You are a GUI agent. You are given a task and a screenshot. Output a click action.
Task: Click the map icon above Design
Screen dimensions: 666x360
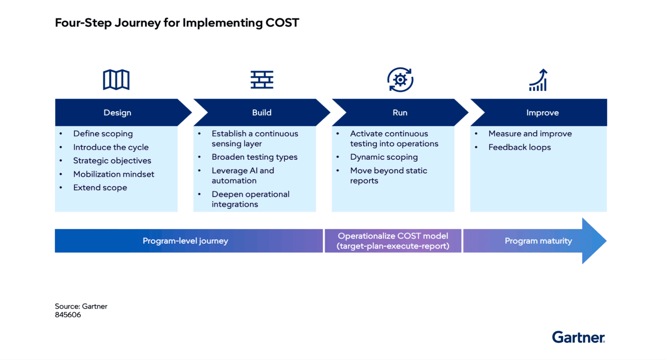[116, 79]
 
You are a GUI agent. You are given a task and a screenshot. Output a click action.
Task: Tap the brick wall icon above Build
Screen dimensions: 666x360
[262, 79]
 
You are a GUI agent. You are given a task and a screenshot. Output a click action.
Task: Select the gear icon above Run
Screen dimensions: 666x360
[400, 80]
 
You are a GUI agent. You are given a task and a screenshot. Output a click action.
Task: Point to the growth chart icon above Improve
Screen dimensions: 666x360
[539, 80]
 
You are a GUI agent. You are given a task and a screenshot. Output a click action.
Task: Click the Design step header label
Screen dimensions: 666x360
[117, 113]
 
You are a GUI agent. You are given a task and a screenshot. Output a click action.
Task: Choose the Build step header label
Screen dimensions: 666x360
[262, 113]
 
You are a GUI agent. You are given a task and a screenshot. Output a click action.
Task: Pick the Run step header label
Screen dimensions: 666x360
[400, 113]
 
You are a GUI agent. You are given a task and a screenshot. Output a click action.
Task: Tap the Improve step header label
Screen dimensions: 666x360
[542, 113]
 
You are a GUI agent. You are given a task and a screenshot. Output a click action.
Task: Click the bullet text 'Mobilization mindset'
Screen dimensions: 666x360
[114, 174]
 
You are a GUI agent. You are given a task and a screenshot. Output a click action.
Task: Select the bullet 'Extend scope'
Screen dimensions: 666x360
[100, 188]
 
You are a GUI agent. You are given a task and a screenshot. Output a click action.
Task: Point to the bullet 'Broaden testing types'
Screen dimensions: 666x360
[255, 157]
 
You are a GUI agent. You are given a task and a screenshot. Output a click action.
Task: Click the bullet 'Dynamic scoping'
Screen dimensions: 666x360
[384, 157]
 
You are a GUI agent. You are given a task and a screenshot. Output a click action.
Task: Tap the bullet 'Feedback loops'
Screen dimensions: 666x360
[520, 147]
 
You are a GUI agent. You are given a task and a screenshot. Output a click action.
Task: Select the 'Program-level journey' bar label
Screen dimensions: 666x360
[185, 241]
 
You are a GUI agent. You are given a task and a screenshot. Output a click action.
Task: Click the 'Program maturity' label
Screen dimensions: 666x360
[538, 241]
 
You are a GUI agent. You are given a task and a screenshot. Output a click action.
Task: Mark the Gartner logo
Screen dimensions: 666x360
[579, 337]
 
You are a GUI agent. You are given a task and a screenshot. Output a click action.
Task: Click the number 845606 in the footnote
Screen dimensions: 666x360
[68, 315]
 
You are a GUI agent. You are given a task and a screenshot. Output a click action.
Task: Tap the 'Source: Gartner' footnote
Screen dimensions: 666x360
[81, 306]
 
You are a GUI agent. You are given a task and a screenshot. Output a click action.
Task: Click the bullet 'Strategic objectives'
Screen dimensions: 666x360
[112, 161]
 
